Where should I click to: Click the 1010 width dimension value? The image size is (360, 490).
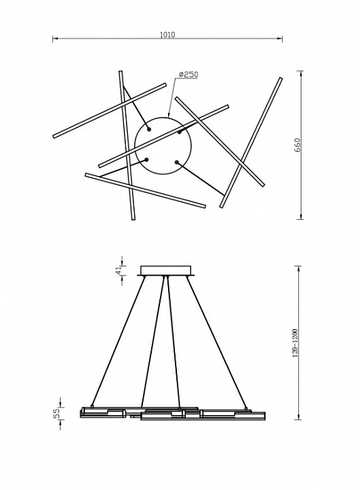tap(167, 35)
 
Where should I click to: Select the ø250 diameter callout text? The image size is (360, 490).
tap(189, 74)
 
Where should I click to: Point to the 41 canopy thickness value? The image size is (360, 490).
tap(118, 270)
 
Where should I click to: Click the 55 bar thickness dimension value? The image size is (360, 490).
tap(56, 414)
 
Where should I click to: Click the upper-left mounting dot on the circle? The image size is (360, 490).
tap(149, 129)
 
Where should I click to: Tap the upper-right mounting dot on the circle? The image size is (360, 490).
tap(180, 132)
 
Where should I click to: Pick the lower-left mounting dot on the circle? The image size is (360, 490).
tap(146, 160)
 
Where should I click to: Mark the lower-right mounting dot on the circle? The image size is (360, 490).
tap(176, 163)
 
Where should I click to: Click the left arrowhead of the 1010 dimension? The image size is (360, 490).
tap(55, 39)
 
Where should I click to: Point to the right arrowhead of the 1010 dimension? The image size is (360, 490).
tap(280, 39)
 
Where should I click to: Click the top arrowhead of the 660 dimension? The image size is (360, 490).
tap(301, 73)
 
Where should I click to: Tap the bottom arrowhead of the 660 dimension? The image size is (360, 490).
tap(301, 216)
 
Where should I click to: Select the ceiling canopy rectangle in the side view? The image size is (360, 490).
tap(166, 271)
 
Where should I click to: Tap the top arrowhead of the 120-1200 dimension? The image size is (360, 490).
tap(299, 268)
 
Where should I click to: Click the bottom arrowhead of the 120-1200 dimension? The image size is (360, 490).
tap(299, 417)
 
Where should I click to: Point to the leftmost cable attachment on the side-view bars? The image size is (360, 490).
tap(92, 406)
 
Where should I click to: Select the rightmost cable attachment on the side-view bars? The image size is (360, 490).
tap(246, 408)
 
